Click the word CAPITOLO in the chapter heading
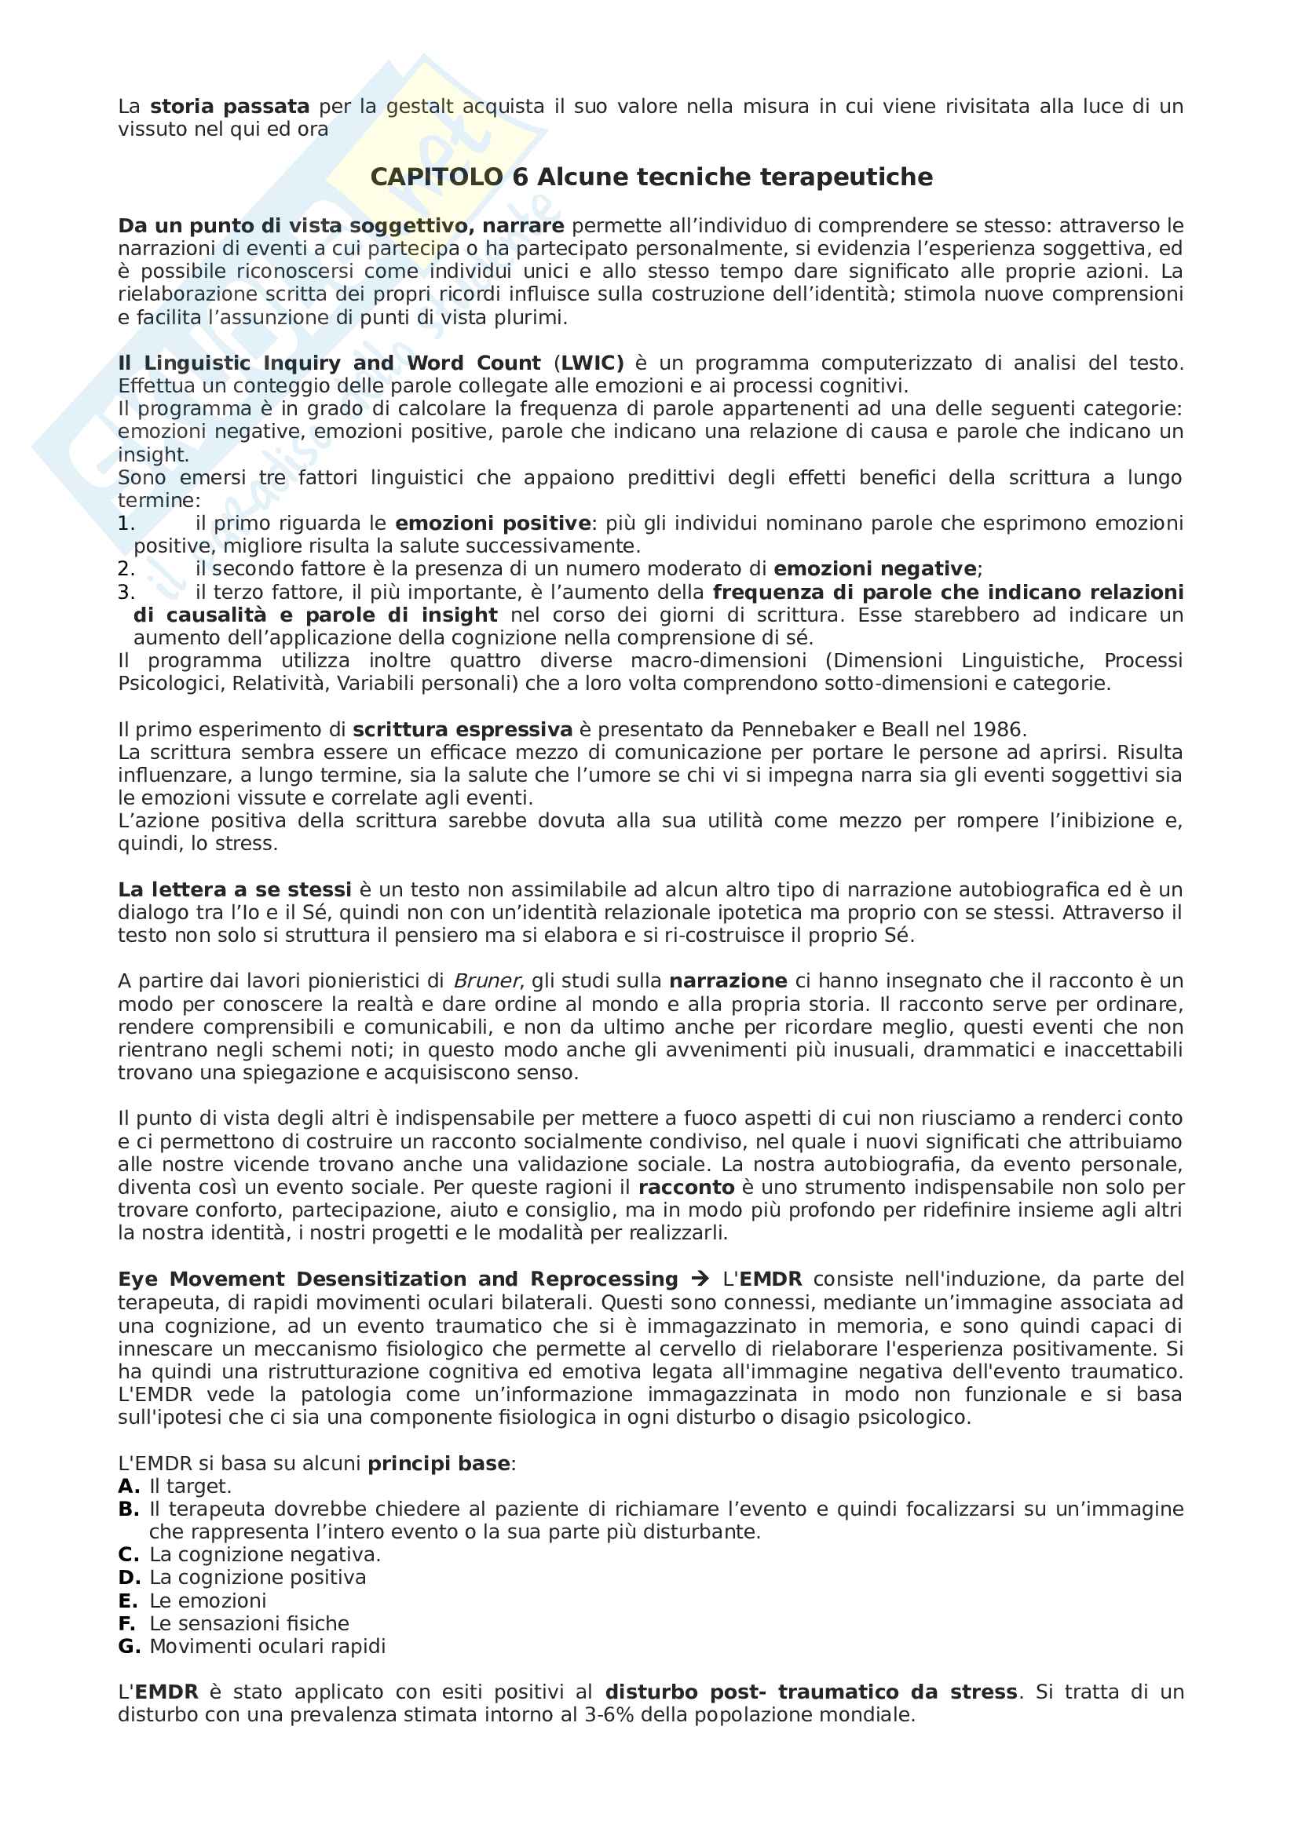437,177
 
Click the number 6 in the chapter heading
520,177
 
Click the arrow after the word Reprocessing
700,1279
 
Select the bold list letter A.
128,1487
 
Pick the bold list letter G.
129,1647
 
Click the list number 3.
126,593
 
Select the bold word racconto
686,1188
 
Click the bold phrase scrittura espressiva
463,729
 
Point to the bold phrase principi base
438,1464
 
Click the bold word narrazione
728,981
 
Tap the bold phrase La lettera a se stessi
234,890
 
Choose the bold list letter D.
129,1578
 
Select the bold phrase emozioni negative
875,569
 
